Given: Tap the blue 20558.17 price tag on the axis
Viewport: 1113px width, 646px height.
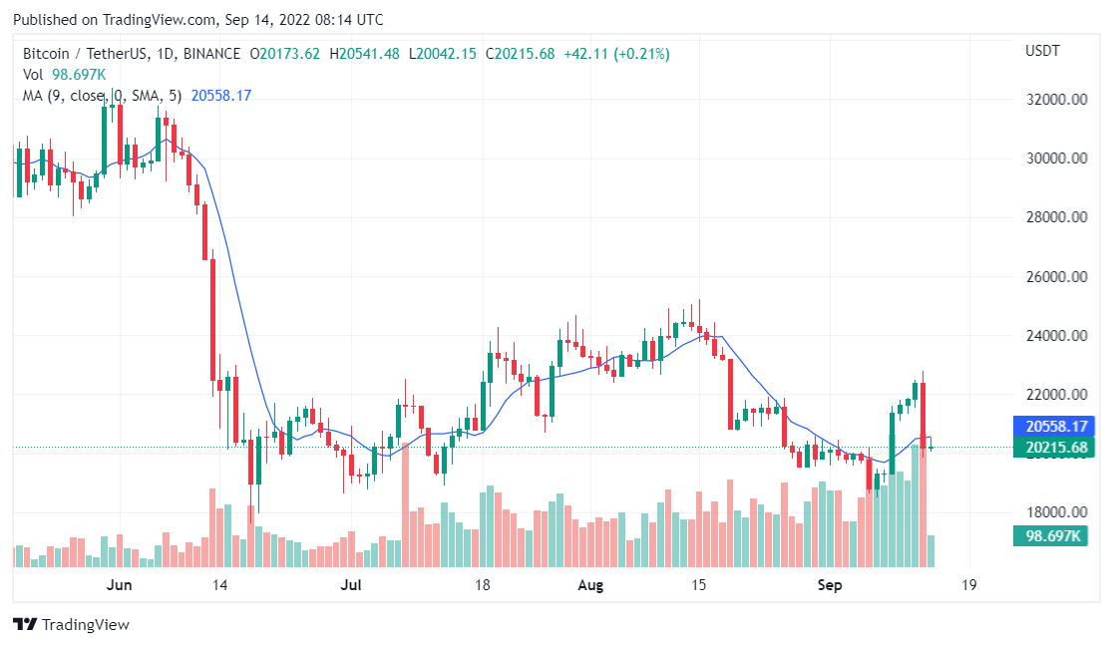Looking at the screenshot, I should click(1054, 426).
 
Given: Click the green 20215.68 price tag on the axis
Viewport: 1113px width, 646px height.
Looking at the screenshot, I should click(1054, 448).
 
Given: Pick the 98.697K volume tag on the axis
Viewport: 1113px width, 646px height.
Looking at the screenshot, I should click(1054, 536).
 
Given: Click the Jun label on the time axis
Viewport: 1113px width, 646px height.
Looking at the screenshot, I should click(120, 584).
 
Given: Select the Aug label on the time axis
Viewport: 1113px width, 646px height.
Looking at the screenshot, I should click(591, 584).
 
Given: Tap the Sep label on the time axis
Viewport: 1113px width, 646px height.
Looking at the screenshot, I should click(828, 584).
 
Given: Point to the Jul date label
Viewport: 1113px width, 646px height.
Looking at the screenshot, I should click(350, 584).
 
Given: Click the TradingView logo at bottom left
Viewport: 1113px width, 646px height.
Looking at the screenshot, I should click(71, 625).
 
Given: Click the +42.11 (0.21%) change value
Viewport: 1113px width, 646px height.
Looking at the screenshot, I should click(616, 54).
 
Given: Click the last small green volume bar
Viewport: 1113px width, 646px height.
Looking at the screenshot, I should click(931, 551).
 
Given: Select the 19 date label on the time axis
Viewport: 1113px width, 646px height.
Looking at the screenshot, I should click(966, 584).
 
